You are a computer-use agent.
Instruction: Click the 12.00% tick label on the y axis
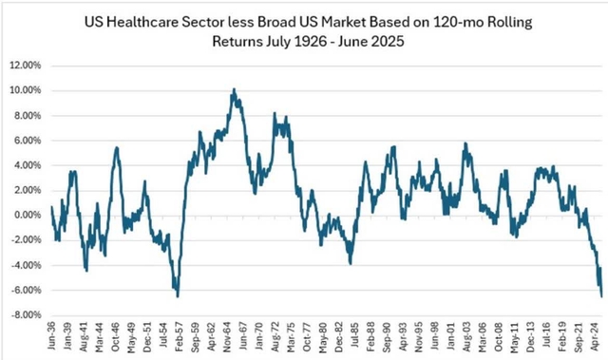28,66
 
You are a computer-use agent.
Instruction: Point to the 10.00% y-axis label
28,90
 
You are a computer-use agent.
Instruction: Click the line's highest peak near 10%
234,90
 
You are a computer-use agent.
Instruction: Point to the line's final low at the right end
599,296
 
